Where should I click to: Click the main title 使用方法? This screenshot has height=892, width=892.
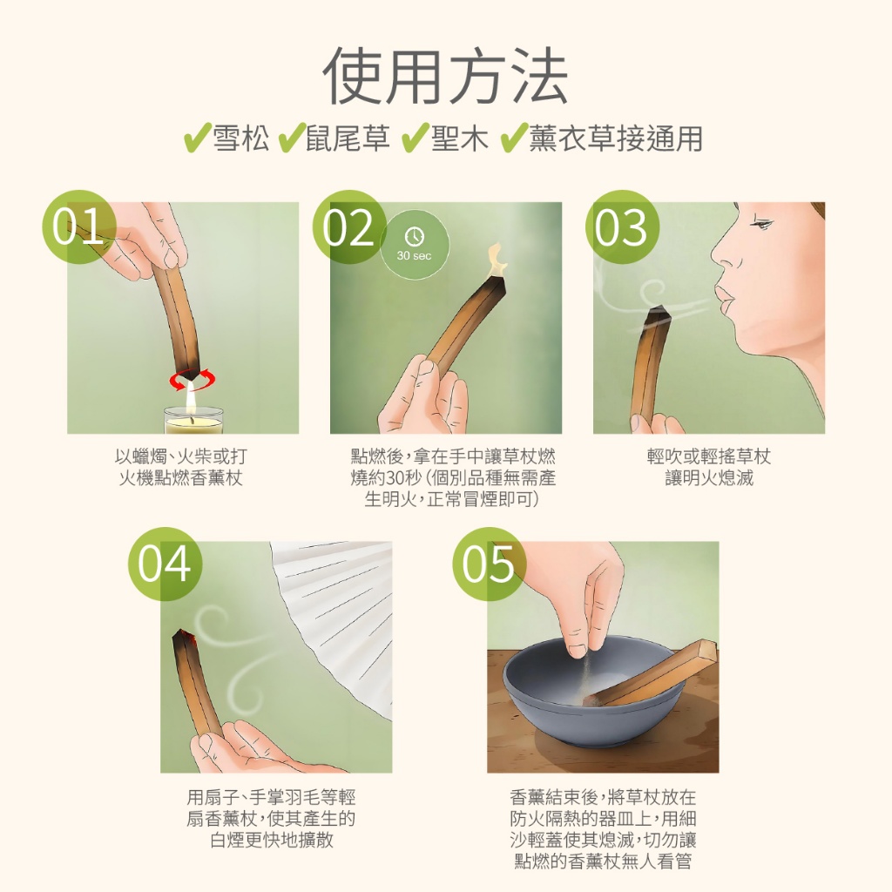click(x=445, y=78)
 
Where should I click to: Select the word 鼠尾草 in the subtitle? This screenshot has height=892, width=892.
click(x=348, y=139)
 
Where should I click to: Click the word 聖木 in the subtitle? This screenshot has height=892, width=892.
click(x=460, y=139)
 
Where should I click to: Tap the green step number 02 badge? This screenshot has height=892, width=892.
click(x=348, y=227)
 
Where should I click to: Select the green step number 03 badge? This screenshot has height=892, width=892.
click(x=621, y=227)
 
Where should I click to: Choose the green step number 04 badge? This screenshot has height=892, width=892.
click(x=165, y=564)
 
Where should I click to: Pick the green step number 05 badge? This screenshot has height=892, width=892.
click(x=489, y=564)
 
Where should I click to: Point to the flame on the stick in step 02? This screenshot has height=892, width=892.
click(x=497, y=256)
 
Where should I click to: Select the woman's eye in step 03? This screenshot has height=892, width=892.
click(x=760, y=226)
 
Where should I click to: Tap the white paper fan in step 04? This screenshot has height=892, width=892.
click(x=340, y=610)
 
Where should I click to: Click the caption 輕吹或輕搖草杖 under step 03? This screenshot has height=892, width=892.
click(x=708, y=457)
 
